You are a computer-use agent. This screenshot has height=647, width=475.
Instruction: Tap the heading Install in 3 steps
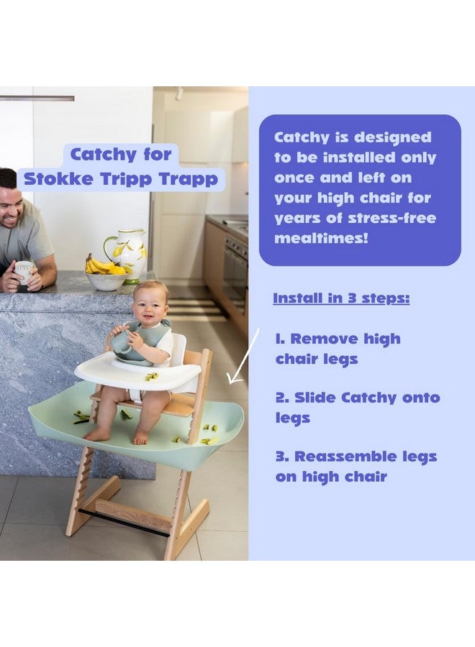[341, 298]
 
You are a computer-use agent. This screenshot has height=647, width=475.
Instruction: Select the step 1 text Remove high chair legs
[338, 348]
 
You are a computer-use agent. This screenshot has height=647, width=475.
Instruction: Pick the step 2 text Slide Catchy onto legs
[357, 407]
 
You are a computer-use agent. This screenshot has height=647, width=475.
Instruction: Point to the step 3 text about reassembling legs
[356, 466]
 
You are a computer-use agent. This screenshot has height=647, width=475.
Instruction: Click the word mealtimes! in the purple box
[321, 238]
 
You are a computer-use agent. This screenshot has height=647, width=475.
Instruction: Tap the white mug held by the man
[23, 270]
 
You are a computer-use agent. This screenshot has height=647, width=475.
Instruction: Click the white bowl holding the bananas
[107, 281]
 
